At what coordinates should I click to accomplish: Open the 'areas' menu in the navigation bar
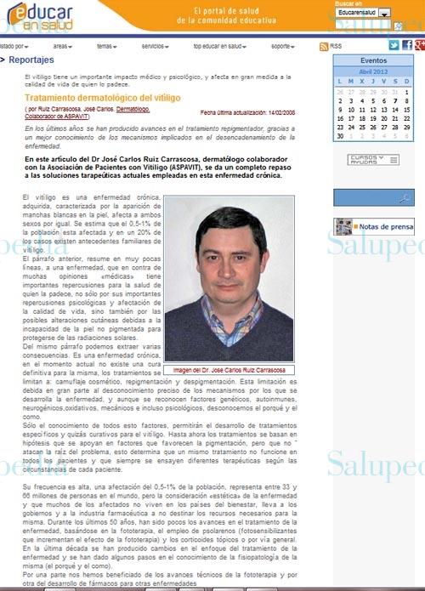[x=62, y=46]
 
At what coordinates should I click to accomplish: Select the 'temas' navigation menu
[x=106, y=46]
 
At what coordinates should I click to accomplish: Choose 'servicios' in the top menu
[x=154, y=46]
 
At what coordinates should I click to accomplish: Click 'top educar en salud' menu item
[x=218, y=46]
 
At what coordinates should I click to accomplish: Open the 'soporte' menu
[x=282, y=46]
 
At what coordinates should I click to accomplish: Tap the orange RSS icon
[x=324, y=46]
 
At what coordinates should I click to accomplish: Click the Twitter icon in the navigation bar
[x=394, y=45]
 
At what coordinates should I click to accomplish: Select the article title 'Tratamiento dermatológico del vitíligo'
[x=102, y=99]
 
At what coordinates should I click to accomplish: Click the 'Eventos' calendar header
[x=372, y=61]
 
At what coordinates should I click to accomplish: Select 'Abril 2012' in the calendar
[x=372, y=72]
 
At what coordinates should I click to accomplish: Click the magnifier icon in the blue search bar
[x=406, y=197]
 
